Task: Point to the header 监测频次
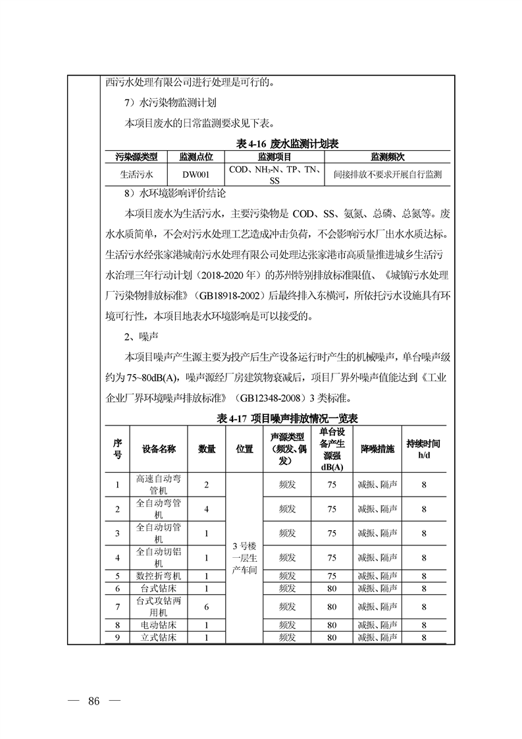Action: [387, 157]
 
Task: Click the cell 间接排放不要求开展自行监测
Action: [387, 175]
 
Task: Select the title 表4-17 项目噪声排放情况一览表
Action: [278, 419]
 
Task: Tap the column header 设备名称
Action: [159, 449]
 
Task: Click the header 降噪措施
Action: [377, 449]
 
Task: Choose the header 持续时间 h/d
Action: [423, 449]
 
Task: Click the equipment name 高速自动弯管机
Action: [159, 485]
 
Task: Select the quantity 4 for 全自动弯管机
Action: [206, 509]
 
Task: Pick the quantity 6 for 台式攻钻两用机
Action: [206, 606]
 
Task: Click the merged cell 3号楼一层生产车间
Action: [244, 557]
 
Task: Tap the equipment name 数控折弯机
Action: [159, 576]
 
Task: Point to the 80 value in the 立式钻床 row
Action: [332, 638]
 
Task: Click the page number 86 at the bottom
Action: [93, 701]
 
